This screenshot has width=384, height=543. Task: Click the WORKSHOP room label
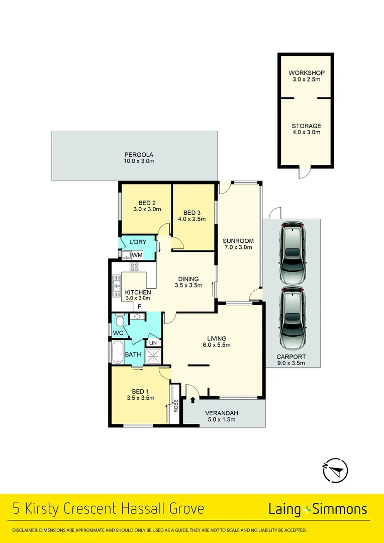click(x=306, y=73)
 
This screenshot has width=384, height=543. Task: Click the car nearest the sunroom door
click(x=292, y=253)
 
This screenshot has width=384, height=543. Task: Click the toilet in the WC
click(x=120, y=320)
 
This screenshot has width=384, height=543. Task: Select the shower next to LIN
click(x=153, y=355)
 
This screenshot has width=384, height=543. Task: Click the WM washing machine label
click(x=137, y=255)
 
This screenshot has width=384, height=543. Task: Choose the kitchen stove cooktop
click(x=135, y=267)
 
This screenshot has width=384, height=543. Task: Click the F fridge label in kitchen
click(x=140, y=306)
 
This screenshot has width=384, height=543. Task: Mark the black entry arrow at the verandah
click(x=193, y=400)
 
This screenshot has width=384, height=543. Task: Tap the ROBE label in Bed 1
click(x=175, y=405)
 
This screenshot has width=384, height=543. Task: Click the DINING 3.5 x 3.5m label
click(x=188, y=282)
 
